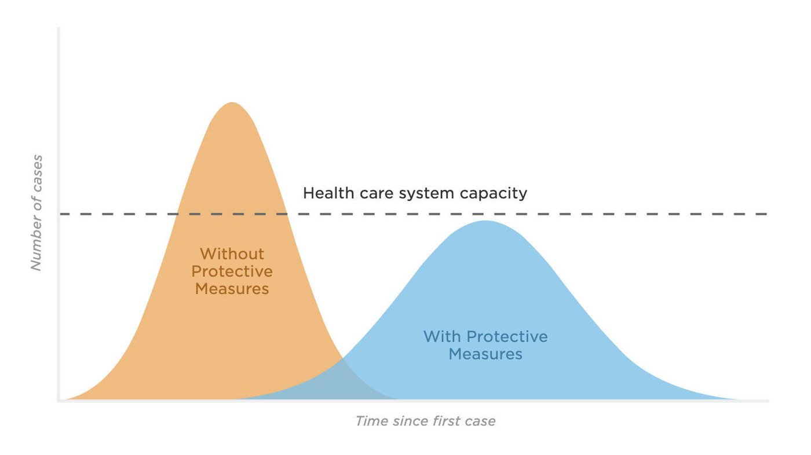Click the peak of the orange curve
pos(232,104)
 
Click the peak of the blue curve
pos(485,222)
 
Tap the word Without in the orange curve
pos(232,254)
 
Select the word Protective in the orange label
pos(232,271)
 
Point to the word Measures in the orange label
pos(232,288)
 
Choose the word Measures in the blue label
pos(485,354)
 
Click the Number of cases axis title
pos(36,212)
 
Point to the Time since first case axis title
pos(425,421)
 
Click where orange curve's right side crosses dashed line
pos(286,214)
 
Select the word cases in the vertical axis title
pos(36,168)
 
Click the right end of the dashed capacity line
pos(766,214)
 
